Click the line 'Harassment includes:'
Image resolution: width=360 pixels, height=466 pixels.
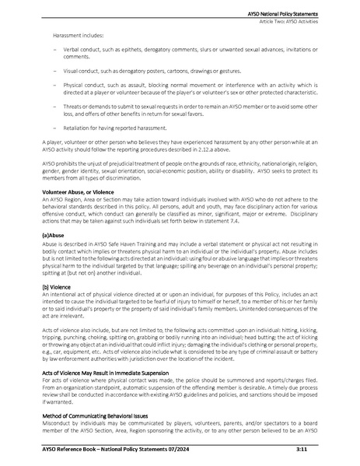pos(79,37)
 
